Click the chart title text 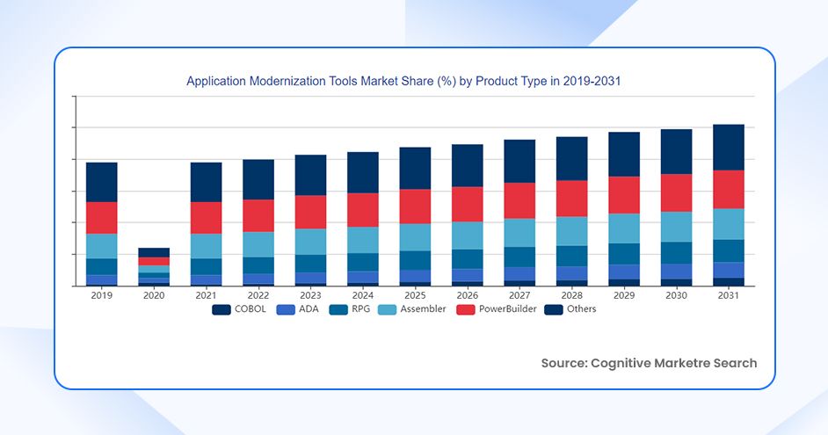pos(403,81)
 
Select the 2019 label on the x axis pos(101,296)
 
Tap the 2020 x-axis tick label pos(154,296)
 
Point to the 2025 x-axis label pos(415,296)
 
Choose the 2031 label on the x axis pos(728,296)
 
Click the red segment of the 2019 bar pos(101,218)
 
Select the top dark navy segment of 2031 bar pos(728,147)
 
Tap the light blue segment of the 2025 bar pos(415,237)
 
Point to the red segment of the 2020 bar pos(154,261)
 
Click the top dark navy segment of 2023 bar pos(310,175)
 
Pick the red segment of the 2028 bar pos(571,199)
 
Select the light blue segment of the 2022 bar pos(258,244)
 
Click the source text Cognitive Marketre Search pos(649,363)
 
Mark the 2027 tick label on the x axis pos(519,296)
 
